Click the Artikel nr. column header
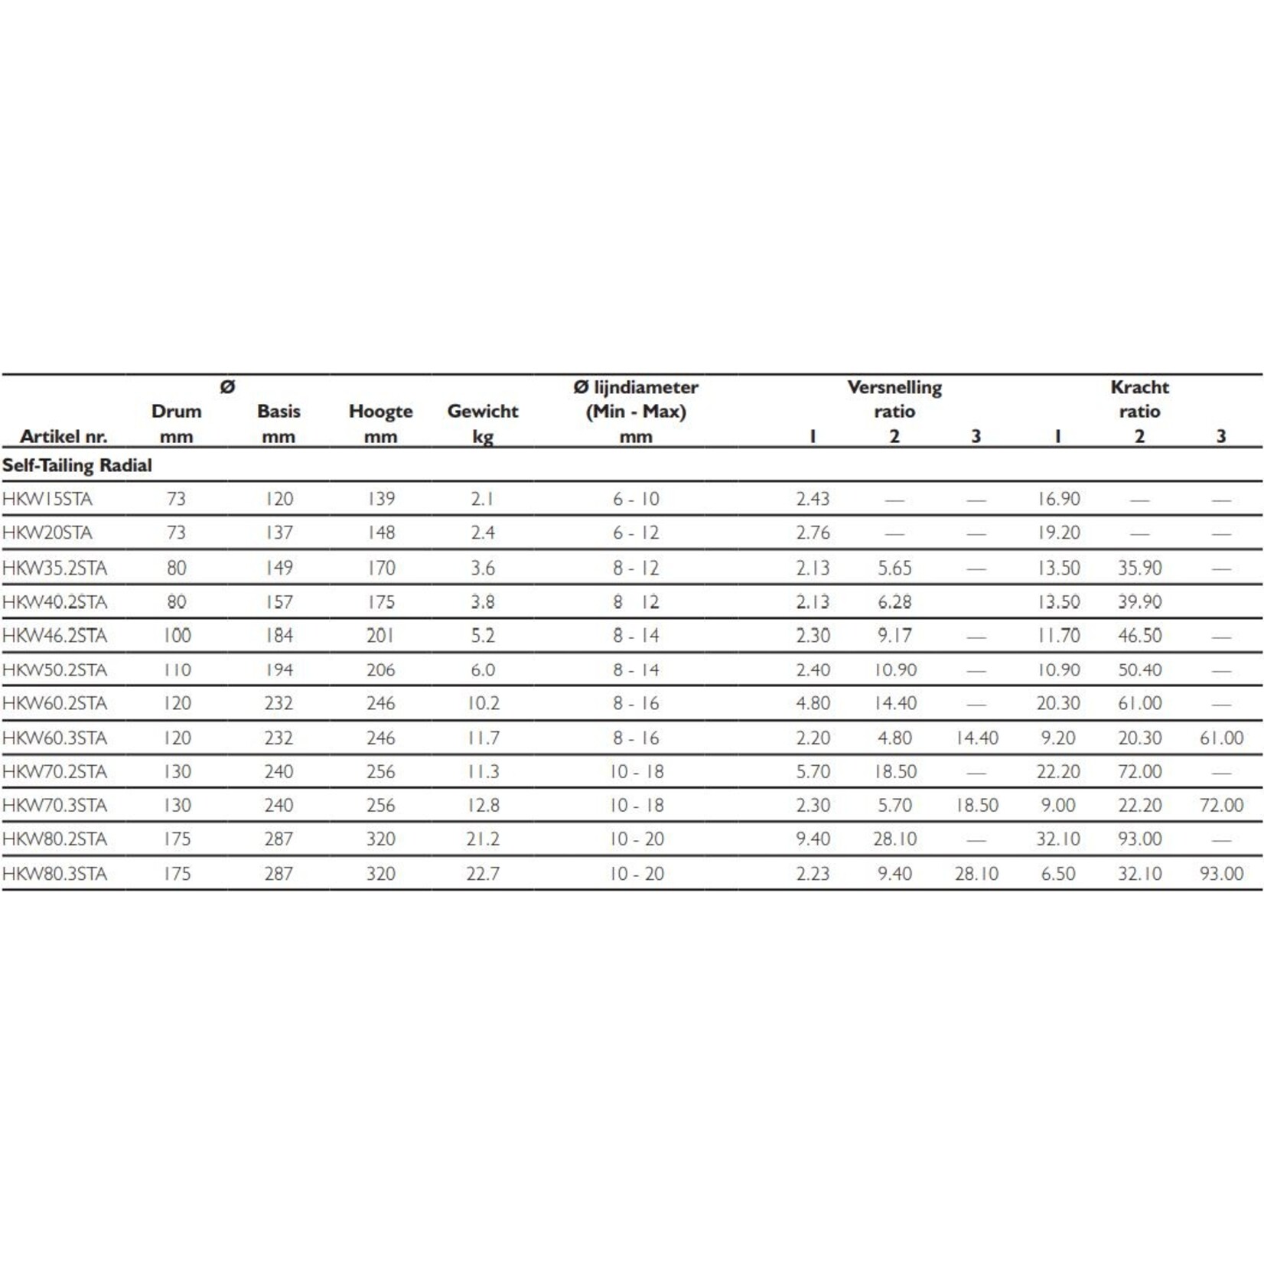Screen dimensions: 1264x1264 click(x=64, y=436)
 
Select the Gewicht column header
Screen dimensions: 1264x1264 click(x=483, y=411)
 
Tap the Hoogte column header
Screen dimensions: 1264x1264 click(x=380, y=411)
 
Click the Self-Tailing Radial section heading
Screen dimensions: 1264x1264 click(x=77, y=465)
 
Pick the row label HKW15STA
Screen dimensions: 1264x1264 click(x=47, y=499)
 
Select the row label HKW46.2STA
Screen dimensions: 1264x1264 click(x=54, y=635)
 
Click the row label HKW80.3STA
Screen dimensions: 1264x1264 click(x=54, y=873)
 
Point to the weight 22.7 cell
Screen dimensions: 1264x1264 click(x=483, y=873)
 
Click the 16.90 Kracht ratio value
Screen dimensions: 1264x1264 click(x=1058, y=499)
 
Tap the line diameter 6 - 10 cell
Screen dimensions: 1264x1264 click(x=635, y=499)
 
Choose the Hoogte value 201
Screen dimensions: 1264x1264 click(x=380, y=635)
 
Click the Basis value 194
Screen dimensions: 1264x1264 click(x=279, y=669)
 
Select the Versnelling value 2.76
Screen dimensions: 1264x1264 click(x=813, y=533)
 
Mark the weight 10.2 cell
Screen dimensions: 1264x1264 click(x=483, y=703)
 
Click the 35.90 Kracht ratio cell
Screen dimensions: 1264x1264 click(x=1139, y=568)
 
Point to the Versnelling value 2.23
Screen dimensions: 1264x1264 click(x=813, y=873)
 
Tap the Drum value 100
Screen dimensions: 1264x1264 click(x=177, y=635)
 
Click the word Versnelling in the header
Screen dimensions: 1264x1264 click(x=894, y=387)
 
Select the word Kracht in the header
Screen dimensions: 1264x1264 click(x=1139, y=387)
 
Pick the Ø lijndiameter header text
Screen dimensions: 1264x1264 click(x=635, y=387)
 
